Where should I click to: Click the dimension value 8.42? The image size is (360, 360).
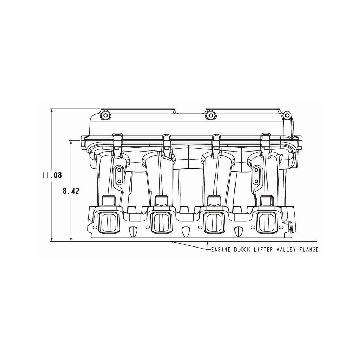click(x=71, y=191)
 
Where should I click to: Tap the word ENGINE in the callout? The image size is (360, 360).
click(x=220, y=250)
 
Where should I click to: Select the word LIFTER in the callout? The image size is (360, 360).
click(x=257, y=250)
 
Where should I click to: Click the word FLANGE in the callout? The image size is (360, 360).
click(x=306, y=250)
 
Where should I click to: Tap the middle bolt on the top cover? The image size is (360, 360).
click(x=210, y=115)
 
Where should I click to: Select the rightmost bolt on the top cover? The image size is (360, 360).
click(x=287, y=115)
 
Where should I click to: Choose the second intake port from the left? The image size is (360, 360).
click(x=161, y=222)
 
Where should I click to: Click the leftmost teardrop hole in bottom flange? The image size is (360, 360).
click(x=133, y=232)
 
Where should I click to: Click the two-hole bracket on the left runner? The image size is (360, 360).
click(x=119, y=175)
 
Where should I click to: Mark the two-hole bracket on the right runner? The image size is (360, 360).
click(x=256, y=175)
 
